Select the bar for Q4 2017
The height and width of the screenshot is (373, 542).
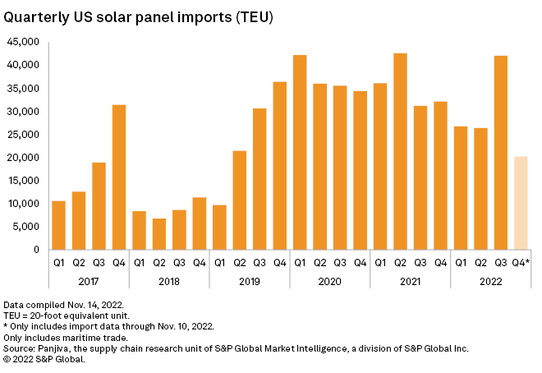click(x=119, y=177)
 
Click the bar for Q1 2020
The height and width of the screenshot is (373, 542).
click(x=300, y=152)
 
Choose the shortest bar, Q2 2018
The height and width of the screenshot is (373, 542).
click(x=159, y=234)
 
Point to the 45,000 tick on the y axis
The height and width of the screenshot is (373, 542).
click(x=24, y=42)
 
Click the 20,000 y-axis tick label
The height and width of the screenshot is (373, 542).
click(x=24, y=158)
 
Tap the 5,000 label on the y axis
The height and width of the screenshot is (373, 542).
click(x=26, y=227)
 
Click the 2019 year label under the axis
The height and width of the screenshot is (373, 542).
click(x=250, y=280)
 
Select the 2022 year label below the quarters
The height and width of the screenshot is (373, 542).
click(x=490, y=280)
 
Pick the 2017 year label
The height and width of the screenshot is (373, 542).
click(x=89, y=280)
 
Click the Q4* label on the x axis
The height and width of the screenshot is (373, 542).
click(x=521, y=263)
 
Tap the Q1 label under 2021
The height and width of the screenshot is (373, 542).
click(x=380, y=263)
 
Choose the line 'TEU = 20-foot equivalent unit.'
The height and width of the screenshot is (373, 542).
click(x=60, y=315)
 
